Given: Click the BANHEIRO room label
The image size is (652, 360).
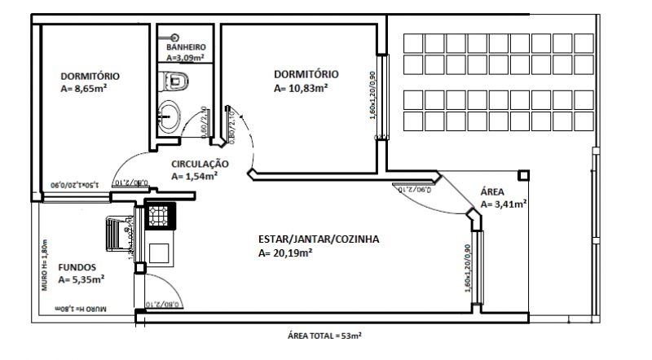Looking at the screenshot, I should (x=186, y=48).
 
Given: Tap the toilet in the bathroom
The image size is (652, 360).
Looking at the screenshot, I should (x=175, y=81).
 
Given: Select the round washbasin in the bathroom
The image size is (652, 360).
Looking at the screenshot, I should (x=172, y=112).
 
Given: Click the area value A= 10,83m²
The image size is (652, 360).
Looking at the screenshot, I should (x=302, y=87).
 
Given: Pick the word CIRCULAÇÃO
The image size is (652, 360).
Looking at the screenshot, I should (x=200, y=164).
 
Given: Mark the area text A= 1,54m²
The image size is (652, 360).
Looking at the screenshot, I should (x=194, y=175).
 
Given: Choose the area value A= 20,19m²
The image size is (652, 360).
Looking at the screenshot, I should (x=286, y=253).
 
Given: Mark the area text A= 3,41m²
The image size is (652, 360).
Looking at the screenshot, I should (x=503, y=204).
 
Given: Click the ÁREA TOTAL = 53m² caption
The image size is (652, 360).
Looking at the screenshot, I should (x=324, y=336).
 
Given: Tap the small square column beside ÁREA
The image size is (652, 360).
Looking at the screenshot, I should (x=522, y=174).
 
